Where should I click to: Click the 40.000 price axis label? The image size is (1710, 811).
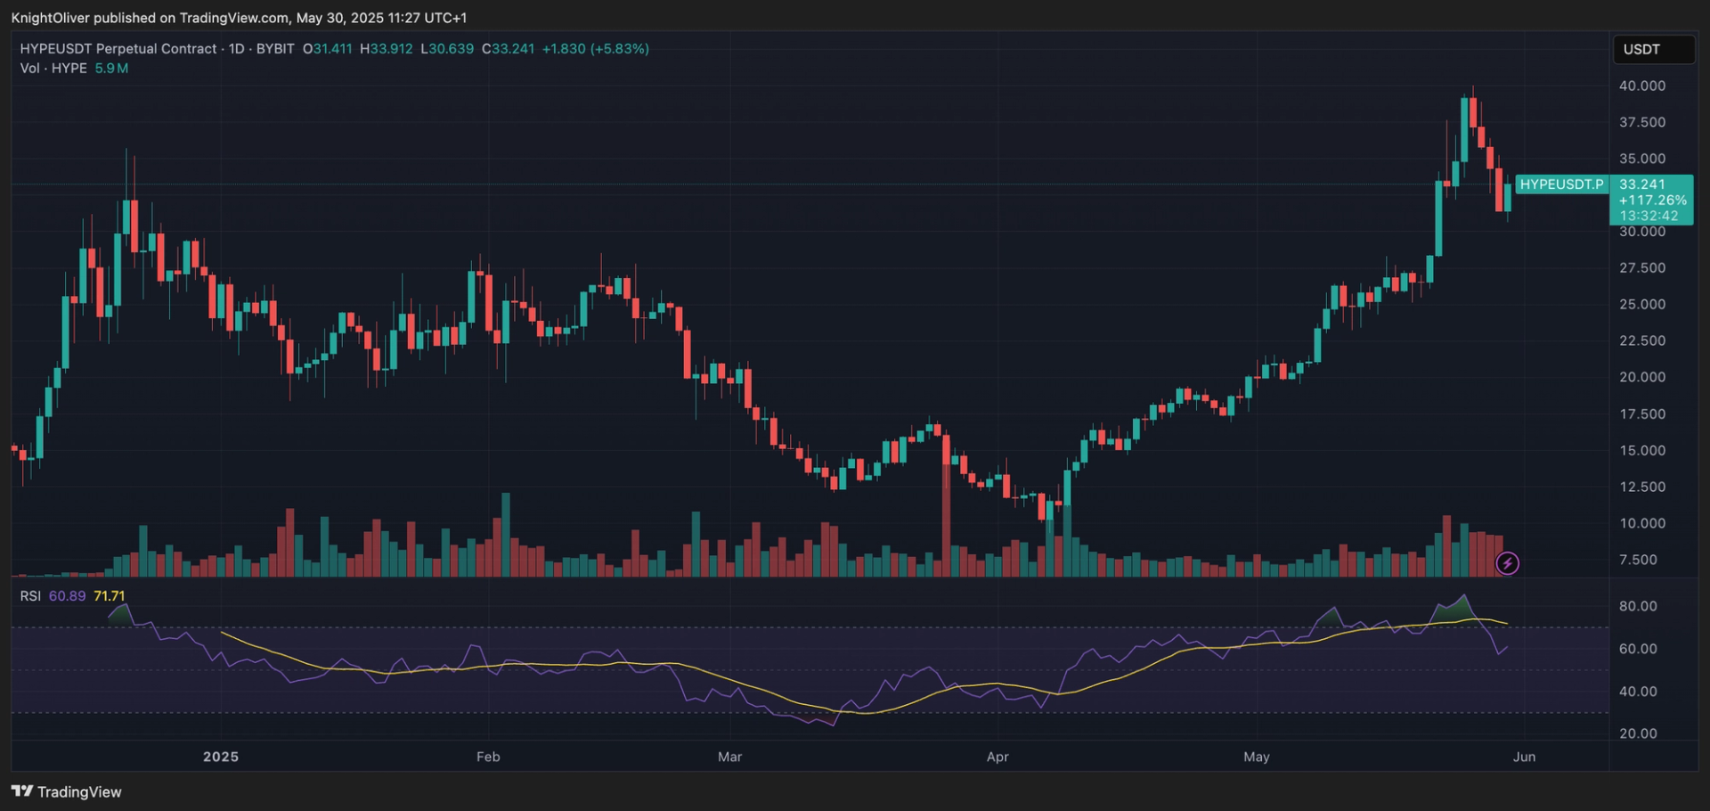point(1641,86)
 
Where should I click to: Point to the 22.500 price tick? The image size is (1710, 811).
point(1641,340)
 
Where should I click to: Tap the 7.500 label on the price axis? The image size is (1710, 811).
point(1638,560)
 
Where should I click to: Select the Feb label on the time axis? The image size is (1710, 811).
point(488,757)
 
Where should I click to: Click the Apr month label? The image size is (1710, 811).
point(997,757)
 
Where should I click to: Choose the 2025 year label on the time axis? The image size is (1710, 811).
point(221,757)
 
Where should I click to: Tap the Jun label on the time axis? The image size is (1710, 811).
point(1524,757)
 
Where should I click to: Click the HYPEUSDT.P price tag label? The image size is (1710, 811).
point(1561,184)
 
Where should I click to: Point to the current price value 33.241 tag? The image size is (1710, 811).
point(1641,184)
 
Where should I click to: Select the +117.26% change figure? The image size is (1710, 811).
point(1652,201)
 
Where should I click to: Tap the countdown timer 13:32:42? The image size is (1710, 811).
point(1649,216)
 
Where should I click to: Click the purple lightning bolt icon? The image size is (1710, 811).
point(1507,563)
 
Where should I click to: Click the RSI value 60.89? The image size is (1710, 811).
point(67,596)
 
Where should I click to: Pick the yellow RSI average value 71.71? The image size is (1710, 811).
point(110,596)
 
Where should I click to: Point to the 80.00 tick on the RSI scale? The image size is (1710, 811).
point(1638,606)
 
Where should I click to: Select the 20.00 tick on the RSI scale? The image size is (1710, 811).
point(1638,733)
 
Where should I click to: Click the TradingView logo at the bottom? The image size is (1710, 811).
point(67,791)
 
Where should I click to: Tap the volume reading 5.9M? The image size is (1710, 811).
point(111,69)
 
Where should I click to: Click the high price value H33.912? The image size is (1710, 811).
point(387,49)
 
